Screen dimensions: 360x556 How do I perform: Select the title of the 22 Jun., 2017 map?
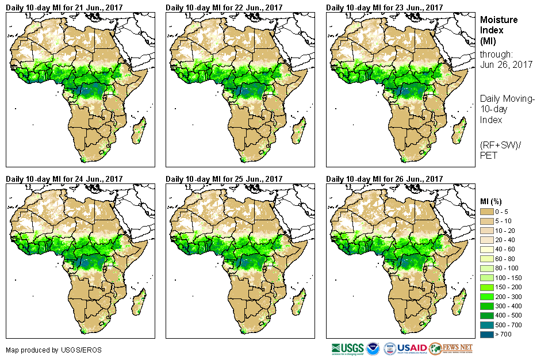point(224,7)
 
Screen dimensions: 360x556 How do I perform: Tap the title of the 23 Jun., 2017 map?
point(385,7)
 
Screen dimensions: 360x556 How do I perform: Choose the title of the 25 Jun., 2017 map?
point(224,179)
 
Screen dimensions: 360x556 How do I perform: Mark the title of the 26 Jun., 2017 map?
point(385,179)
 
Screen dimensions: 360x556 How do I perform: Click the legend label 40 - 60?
point(506,249)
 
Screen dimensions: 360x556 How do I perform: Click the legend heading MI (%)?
point(494,201)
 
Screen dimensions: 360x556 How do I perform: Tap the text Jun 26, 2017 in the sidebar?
point(506,64)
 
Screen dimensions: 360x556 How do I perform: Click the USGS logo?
point(348,348)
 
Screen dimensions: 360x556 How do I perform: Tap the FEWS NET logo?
point(451,348)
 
